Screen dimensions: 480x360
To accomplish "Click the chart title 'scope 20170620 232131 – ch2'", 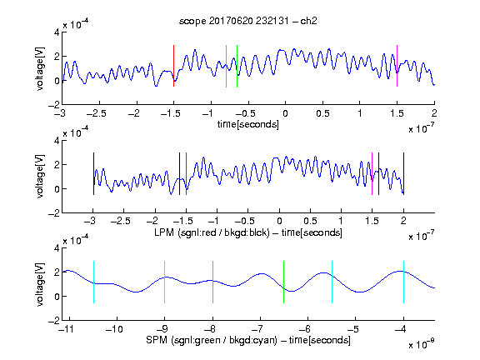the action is tap(247, 21).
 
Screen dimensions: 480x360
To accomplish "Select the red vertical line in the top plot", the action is tap(173, 66).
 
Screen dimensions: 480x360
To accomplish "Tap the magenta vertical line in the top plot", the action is tap(397, 66).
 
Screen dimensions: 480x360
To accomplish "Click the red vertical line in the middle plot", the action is tap(186, 173).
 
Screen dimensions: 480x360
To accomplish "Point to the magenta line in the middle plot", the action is tap(372, 173).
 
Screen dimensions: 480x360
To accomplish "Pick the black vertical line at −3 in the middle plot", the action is tap(93, 173).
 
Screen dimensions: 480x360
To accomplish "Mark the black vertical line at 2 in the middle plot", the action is tap(404, 173).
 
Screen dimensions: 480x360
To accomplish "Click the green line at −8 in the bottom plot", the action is tap(212, 282).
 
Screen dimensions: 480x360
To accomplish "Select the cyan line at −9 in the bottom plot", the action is tap(165, 282).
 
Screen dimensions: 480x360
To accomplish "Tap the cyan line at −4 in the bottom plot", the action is tap(404, 282).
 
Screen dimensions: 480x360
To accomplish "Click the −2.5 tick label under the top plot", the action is tap(97, 113).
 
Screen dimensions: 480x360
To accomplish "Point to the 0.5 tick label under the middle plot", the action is tap(310, 221).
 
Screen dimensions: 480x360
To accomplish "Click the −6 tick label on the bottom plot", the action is tap(304, 329).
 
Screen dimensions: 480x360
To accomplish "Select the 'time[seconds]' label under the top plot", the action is tap(248, 124).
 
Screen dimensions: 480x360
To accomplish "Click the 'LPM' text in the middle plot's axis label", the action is tap(164, 232).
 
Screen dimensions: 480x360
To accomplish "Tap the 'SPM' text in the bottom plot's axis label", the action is tap(157, 340).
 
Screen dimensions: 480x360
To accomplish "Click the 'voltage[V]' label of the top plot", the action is tap(40, 68).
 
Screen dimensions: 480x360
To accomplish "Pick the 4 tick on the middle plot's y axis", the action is tap(57, 140).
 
